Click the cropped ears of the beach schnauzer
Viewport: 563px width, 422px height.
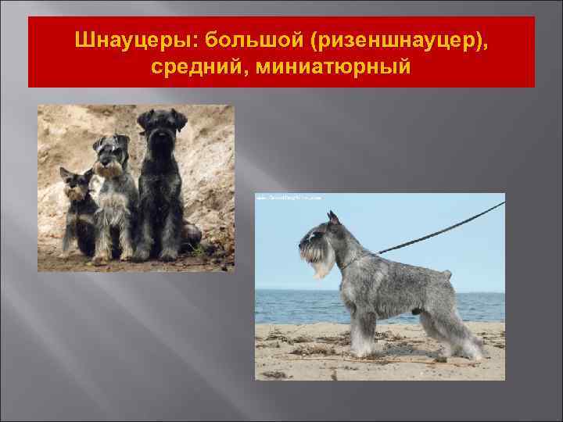click(x=333, y=219)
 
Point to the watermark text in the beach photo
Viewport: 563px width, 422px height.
click(x=289, y=198)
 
